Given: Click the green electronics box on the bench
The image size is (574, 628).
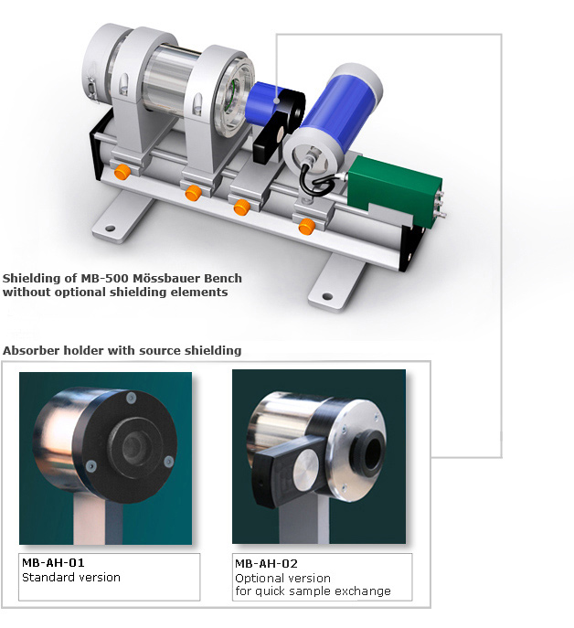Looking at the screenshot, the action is (395, 189).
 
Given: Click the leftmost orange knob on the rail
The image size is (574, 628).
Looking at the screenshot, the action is (122, 172).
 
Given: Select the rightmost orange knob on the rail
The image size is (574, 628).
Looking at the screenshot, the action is (307, 227).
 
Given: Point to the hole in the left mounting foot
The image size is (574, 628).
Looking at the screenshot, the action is (110, 229).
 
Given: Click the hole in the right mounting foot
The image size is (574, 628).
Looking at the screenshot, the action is (327, 297).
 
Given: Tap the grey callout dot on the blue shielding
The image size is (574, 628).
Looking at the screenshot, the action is (276, 101).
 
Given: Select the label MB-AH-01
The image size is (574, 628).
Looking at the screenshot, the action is (53, 563).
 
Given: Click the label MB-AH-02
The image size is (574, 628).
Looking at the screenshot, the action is (266, 564).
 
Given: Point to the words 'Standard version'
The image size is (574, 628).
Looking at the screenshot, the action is (71, 577).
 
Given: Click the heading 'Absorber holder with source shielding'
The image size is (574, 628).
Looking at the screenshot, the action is (122, 350).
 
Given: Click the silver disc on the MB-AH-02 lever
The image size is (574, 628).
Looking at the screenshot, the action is (305, 468).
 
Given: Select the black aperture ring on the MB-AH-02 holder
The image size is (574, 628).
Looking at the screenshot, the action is (367, 453).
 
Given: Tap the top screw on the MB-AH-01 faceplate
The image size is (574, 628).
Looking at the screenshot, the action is (131, 398).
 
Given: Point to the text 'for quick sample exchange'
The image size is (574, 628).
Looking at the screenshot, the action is (313, 591).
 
